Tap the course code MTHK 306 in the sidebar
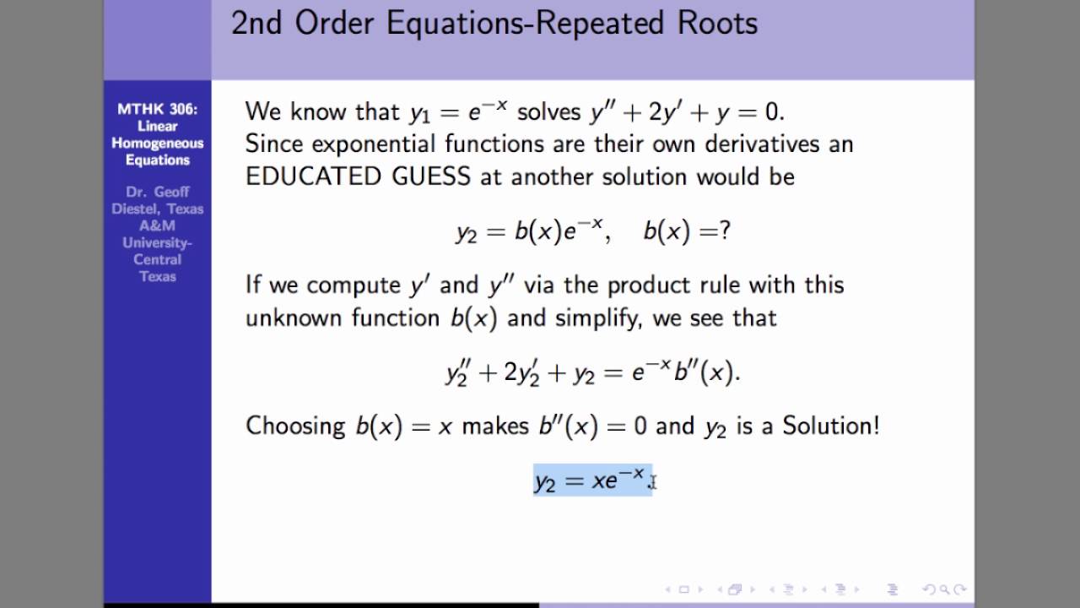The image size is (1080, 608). pyautogui.click(x=157, y=109)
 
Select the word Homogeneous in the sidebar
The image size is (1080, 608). pyautogui.click(x=158, y=143)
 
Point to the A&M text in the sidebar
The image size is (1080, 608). pyautogui.click(x=158, y=225)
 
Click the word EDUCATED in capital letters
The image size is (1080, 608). pyautogui.click(x=301, y=176)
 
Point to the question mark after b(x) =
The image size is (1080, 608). pyautogui.click(x=725, y=231)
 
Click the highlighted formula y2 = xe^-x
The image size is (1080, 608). pyautogui.click(x=591, y=480)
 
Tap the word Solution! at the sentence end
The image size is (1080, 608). pyautogui.click(x=830, y=425)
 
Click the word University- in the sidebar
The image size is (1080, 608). pyautogui.click(x=158, y=242)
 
